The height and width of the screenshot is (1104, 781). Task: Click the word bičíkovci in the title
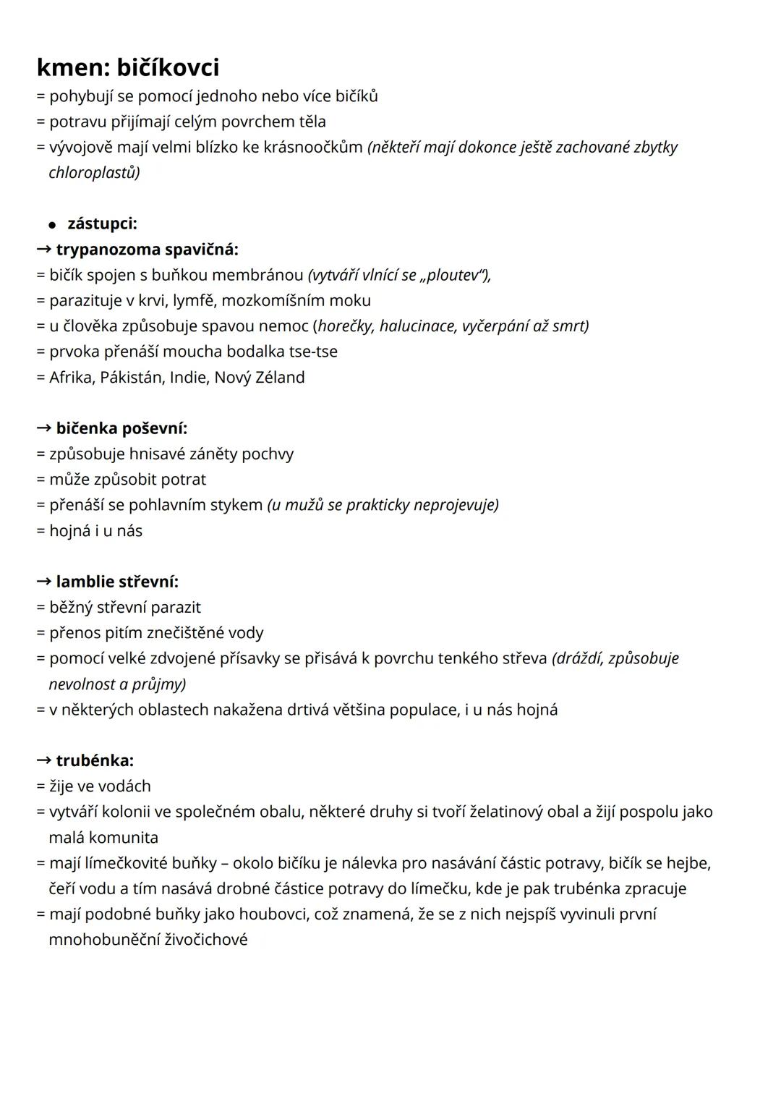[x=168, y=67]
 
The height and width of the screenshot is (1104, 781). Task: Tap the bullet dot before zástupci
[x=52, y=224]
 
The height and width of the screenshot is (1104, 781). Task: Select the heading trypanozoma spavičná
[x=147, y=250]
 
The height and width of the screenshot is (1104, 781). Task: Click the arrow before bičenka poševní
[x=44, y=428]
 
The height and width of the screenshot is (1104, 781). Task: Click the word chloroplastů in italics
[x=94, y=173]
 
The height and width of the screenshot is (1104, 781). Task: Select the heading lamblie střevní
[x=117, y=582]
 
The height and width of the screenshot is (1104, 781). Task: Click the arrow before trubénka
[x=44, y=760]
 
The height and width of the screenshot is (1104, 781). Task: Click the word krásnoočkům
[x=313, y=148]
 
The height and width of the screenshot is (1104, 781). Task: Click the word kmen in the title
[x=67, y=67]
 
